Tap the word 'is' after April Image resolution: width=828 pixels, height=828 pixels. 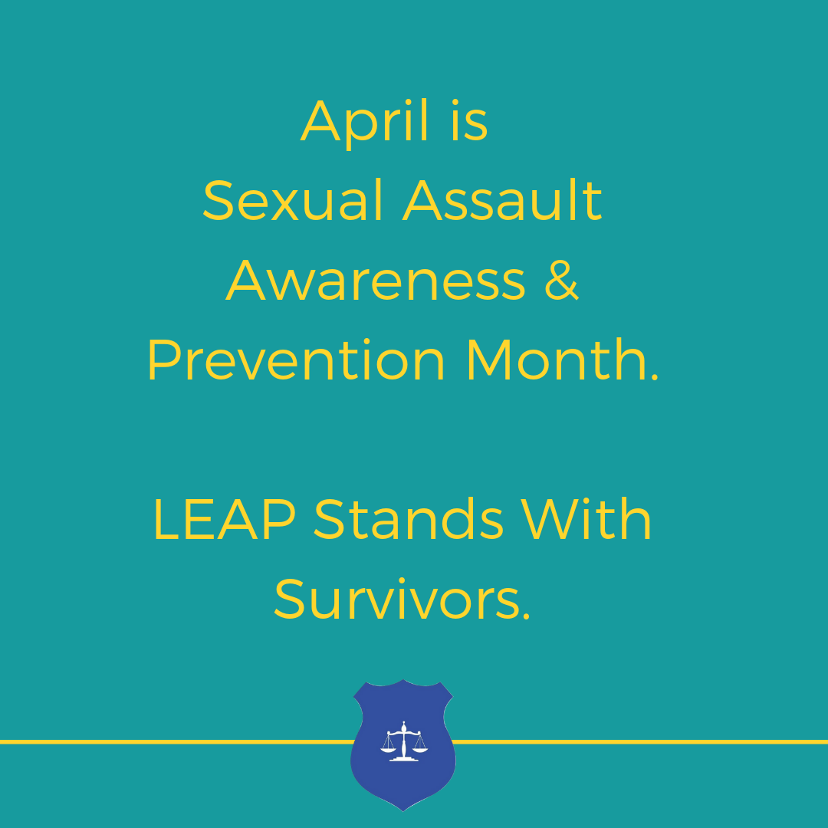[469, 120]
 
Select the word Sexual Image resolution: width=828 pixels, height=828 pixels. [293, 201]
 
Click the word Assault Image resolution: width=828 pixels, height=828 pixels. [502, 201]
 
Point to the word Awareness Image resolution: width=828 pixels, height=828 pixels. [376, 281]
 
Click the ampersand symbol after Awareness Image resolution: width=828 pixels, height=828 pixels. [562, 281]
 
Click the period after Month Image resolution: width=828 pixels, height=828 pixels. [655, 377]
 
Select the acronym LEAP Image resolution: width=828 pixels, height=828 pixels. [225, 520]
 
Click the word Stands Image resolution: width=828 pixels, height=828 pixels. [409, 520]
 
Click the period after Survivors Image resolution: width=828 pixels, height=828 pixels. [525, 616]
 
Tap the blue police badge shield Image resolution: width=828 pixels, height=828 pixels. [403, 744]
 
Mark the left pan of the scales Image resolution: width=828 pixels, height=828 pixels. [388, 748]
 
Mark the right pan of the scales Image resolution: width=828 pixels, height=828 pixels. [420, 748]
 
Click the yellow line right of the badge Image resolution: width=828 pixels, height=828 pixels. [640, 742]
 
